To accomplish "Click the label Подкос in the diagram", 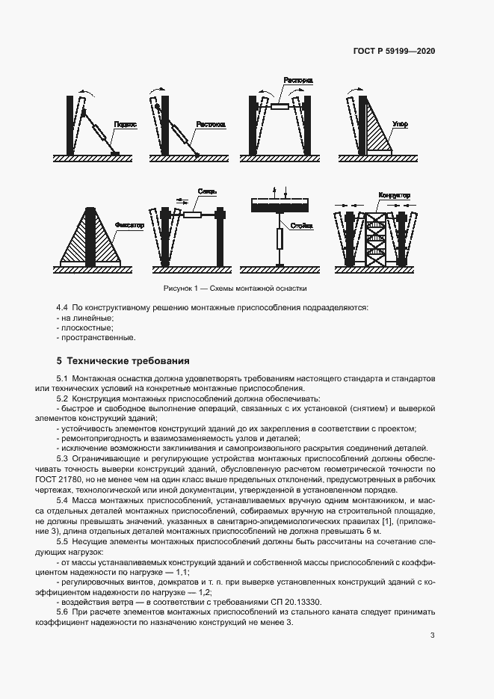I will (125, 126).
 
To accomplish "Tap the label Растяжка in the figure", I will (210, 126).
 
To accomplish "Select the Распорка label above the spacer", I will (297, 80).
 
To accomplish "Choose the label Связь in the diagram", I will (207, 193).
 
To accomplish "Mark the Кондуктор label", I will (394, 195).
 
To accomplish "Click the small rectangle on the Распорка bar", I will (279, 108).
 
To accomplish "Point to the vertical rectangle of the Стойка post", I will (279, 239).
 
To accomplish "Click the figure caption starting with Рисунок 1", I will (235, 289).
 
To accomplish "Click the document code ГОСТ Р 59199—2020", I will (395, 52).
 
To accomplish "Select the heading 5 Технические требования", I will (123, 360).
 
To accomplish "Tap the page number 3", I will (433, 635).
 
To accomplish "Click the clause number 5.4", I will (63, 499).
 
